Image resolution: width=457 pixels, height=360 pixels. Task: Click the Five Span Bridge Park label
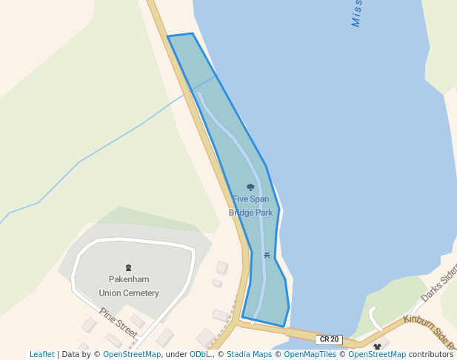point(250,206)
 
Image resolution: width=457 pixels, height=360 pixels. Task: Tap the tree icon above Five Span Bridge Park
point(250,187)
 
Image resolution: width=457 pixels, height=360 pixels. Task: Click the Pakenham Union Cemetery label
point(129,286)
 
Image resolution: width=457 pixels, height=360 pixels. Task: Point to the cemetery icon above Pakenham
point(129,267)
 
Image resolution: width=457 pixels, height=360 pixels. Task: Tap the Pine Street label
point(118,323)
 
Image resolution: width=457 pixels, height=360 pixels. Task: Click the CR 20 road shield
point(329,339)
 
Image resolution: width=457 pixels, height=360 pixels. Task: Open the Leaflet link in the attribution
point(42,355)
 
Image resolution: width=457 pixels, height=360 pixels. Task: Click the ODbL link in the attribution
point(200,355)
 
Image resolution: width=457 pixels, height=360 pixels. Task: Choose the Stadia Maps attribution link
point(249,355)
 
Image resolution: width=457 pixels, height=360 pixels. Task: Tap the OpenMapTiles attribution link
point(310,355)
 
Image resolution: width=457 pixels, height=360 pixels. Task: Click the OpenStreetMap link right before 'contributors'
point(377,355)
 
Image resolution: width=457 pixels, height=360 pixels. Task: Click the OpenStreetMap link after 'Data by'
point(132,355)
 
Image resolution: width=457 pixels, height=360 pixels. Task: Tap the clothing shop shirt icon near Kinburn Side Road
point(377,346)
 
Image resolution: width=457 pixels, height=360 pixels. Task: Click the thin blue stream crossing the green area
point(96,152)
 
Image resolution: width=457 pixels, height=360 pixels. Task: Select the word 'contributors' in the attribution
point(431,355)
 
